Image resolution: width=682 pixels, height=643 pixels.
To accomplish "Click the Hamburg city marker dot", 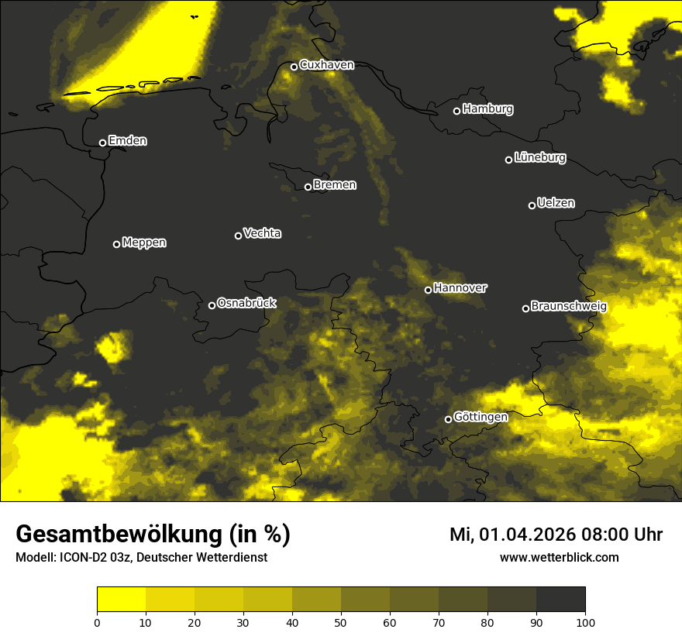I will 456,111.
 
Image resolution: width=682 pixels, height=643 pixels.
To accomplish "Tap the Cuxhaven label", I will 326,65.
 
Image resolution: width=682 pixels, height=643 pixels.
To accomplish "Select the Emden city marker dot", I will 102,143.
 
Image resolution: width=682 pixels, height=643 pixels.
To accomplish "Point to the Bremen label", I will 335,185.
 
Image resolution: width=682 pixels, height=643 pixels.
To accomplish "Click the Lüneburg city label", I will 540,158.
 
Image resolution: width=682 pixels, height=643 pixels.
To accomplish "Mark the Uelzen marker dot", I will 532,205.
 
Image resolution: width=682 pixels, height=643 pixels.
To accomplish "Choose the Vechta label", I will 262,233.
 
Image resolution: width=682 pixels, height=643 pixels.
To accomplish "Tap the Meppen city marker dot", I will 116,244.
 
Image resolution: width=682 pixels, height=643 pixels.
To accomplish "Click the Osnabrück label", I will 246,303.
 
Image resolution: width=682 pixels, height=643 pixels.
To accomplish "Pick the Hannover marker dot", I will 428,290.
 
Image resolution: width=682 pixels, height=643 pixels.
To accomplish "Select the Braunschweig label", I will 569,307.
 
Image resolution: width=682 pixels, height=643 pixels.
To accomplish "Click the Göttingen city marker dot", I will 448,419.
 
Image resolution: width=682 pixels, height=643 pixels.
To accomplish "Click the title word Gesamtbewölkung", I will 118,535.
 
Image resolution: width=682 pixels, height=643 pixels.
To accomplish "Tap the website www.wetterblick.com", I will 559,557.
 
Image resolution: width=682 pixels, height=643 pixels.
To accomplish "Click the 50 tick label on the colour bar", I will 341,621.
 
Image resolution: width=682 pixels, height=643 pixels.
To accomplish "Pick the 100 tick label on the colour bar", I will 585,621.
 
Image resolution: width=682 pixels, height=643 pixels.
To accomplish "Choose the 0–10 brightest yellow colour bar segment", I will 122,600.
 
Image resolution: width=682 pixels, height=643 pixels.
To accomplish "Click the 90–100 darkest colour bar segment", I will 560,600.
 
